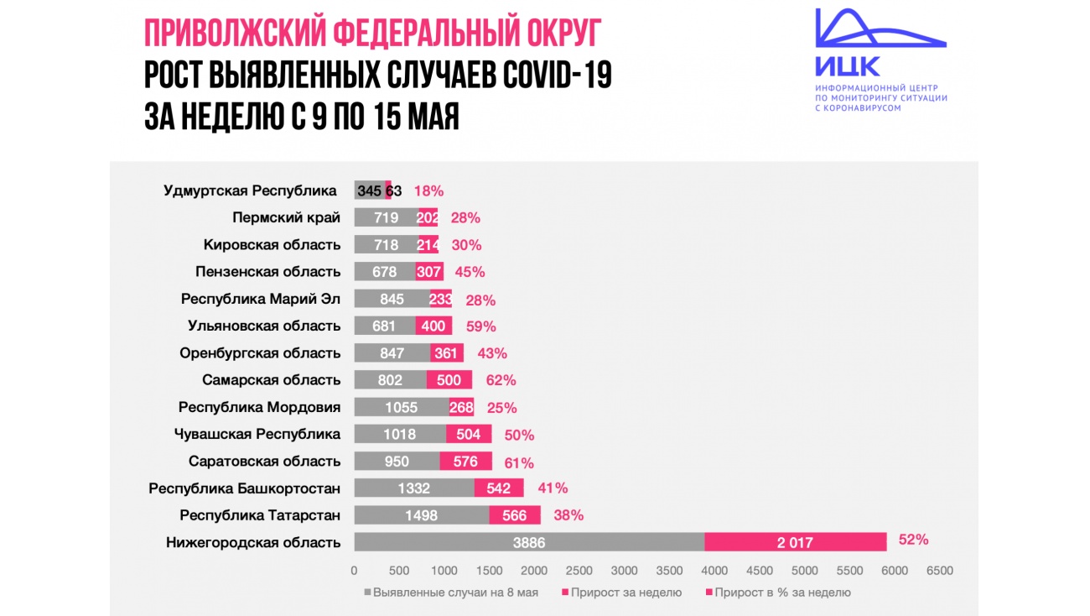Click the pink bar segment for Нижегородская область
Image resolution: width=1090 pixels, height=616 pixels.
(x=795, y=542)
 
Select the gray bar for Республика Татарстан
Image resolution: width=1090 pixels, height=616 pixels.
(x=421, y=515)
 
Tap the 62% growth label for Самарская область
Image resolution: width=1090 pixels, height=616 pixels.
(x=501, y=380)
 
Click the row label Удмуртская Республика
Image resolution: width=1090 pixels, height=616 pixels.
(x=250, y=191)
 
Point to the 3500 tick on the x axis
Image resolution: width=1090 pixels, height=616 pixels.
(x=670, y=571)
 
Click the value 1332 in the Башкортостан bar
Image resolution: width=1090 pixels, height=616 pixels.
(x=414, y=488)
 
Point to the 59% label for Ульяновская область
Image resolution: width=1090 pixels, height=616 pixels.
(x=480, y=326)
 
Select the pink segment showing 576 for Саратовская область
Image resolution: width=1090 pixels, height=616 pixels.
(x=465, y=462)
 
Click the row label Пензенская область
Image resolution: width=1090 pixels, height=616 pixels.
(x=267, y=272)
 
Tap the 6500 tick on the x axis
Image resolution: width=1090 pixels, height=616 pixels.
(x=940, y=571)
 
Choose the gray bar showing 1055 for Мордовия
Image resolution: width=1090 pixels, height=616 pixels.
(x=402, y=407)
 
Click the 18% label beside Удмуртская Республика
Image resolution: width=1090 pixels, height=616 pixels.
(x=428, y=191)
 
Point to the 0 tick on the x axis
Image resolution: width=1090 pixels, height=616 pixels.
(x=354, y=571)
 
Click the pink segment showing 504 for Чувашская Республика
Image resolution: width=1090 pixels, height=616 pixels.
(x=469, y=434)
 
